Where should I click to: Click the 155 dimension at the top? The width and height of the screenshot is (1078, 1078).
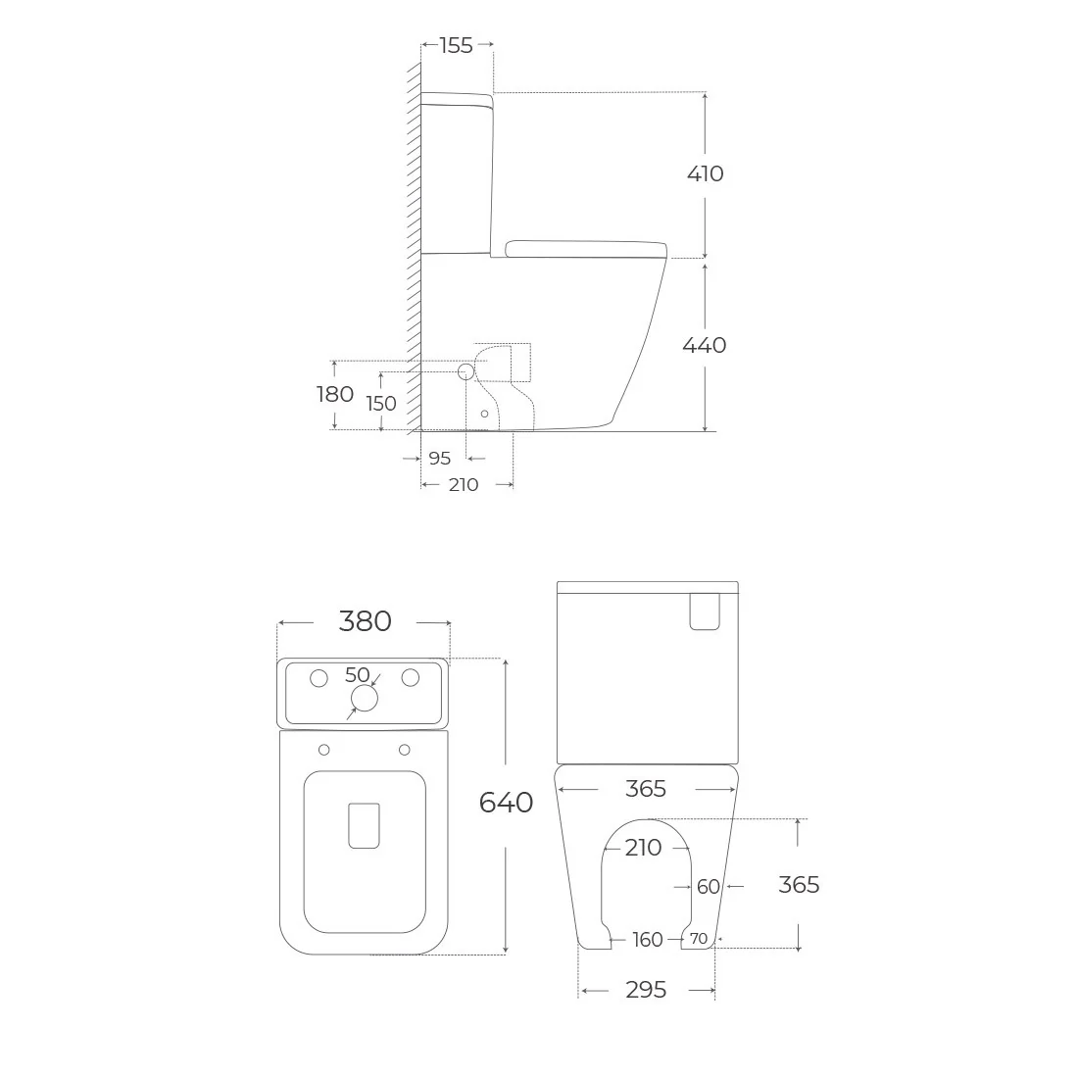click(457, 45)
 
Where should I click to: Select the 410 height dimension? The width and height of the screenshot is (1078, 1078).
click(706, 173)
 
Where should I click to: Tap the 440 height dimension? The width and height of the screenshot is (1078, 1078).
click(705, 344)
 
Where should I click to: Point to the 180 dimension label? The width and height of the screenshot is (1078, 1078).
click(335, 394)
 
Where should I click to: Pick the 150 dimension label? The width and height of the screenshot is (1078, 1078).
click(381, 403)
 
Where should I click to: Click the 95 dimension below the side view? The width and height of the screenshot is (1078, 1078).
click(439, 458)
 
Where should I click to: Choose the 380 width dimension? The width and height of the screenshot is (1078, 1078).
click(366, 620)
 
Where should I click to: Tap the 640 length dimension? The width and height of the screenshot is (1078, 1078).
click(506, 803)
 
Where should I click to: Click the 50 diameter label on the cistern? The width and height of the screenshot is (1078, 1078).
click(358, 674)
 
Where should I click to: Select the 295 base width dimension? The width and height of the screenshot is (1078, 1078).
click(646, 990)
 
